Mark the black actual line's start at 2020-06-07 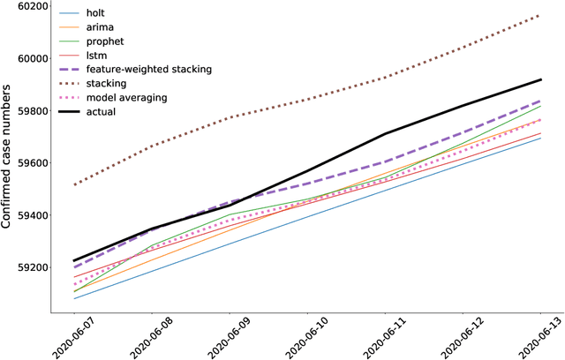tap(74, 261)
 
